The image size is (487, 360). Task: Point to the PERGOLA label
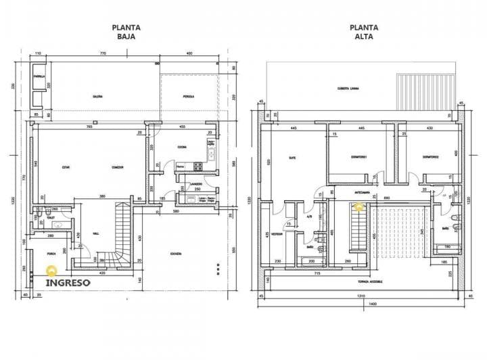pyautogui.click(x=189, y=97)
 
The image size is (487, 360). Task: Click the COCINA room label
pyautogui.click(x=182, y=147)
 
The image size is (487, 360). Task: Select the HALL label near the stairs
pyautogui.click(x=96, y=233)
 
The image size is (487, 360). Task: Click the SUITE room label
pyautogui.click(x=292, y=158)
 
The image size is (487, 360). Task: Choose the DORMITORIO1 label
pyautogui.click(x=358, y=158)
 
